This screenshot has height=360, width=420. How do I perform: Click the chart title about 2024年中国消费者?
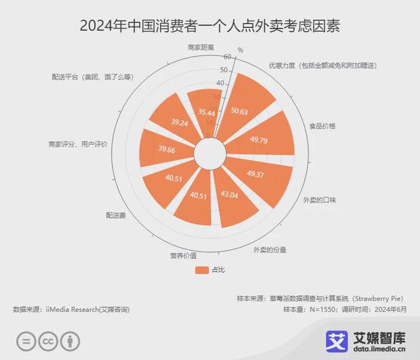(210, 26)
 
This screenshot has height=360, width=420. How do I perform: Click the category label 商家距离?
(200, 47)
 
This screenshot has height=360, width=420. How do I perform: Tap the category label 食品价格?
(322, 126)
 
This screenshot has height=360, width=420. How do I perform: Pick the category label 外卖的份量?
(269, 249)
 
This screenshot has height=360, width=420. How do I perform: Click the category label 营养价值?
(183, 256)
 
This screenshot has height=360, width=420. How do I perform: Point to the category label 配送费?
(116, 216)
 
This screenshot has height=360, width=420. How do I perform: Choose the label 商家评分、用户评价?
(78, 144)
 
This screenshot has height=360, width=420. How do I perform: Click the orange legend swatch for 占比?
(202, 270)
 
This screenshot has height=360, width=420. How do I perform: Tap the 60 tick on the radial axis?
(227, 57)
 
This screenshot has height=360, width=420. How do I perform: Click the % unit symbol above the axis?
(240, 50)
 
